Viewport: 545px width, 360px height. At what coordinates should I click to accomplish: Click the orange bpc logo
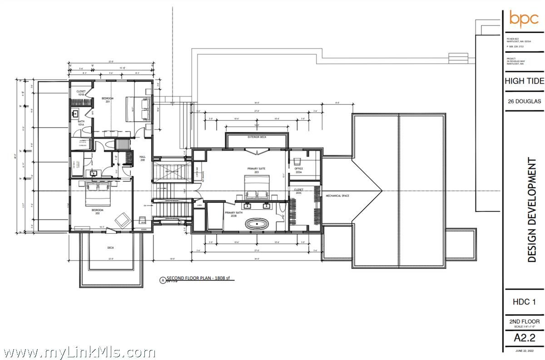click(524, 19)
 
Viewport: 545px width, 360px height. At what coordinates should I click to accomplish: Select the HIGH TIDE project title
click(524, 81)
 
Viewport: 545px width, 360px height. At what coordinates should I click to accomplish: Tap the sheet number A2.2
click(524, 338)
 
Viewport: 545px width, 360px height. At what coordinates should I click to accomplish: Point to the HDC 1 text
click(524, 302)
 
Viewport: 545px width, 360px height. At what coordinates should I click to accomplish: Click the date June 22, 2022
click(524, 350)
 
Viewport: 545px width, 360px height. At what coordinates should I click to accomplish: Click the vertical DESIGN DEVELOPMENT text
click(533, 210)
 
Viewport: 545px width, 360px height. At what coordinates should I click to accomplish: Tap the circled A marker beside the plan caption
click(162, 281)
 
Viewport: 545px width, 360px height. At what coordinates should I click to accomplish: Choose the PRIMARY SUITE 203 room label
click(256, 170)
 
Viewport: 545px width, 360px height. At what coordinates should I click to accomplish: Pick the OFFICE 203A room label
click(299, 170)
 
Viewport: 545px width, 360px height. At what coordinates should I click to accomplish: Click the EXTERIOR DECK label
click(256, 137)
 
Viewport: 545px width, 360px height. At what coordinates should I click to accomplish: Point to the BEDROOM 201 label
click(107, 100)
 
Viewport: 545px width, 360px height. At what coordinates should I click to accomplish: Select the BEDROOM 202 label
click(97, 211)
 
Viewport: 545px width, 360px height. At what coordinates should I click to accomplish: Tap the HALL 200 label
click(142, 159)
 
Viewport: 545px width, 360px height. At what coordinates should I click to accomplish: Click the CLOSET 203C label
click(298, 191)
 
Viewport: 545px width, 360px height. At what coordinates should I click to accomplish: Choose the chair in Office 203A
click(298, 161)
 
